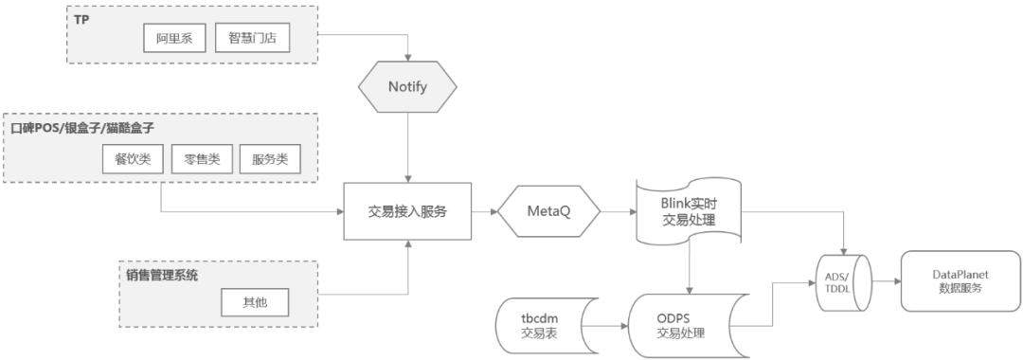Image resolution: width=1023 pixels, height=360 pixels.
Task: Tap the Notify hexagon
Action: (407, 87)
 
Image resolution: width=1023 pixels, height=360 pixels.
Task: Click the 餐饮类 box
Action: (132, 159)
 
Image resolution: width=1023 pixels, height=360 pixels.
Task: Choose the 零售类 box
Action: (201, 159)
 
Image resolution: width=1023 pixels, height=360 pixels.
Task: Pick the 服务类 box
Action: (269, 159)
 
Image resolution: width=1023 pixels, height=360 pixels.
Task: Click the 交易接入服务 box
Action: (407, 212)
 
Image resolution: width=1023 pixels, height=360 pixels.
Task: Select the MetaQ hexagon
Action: (550, 212)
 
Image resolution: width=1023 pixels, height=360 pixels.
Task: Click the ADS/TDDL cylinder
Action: (844, 281)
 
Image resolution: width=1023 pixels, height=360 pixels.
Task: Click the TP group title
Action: (81, 18)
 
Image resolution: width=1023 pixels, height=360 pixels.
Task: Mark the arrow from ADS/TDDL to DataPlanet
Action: (886, 281)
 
